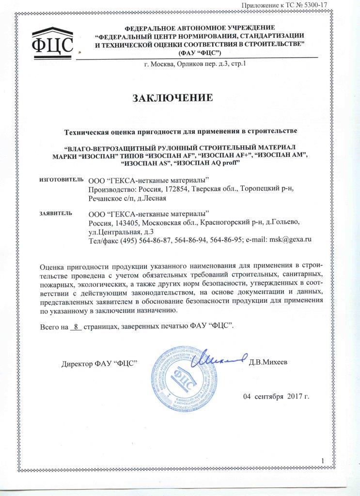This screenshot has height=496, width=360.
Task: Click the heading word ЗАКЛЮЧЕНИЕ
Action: click(x=173, y=99)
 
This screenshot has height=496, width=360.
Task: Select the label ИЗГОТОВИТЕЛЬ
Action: click(x=58, y=180)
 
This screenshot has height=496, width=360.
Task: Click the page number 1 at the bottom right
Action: click(x=322, y=460)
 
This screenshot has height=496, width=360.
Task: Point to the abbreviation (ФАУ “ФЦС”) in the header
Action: click(x=200, y=52)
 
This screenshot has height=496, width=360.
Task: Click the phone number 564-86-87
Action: click(x=141, y=239)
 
